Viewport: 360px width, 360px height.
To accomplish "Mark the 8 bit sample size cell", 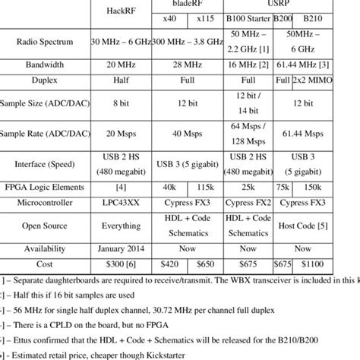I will pos(125,101).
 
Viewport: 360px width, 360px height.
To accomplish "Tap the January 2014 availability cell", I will pos(125,247).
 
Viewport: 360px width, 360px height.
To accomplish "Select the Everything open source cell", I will pos(125,225).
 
